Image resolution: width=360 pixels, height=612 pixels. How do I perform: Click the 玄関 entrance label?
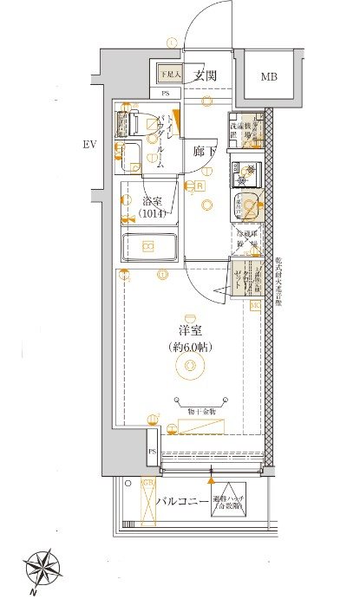[205, 75]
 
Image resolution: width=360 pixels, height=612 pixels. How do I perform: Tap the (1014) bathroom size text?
[154, 213]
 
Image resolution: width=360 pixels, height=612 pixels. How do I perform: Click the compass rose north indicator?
[41, 569]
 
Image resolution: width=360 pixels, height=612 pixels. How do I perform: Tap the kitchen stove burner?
[244, 170]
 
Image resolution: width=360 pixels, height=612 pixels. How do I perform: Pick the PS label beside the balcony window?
[152, 452]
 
